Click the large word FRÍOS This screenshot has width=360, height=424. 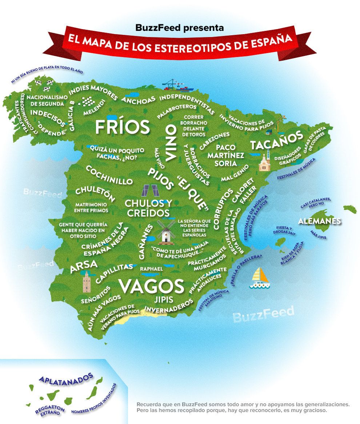click(x=122, y=127)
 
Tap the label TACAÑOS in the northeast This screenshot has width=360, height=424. click(x=276, y=140)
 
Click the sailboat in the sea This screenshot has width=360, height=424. click(x=260, y=278)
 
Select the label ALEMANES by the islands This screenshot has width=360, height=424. click(x=319, y=221)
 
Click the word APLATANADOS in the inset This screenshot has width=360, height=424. click(x=66, y=378)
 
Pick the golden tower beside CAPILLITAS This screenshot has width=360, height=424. click(x=86, y=282)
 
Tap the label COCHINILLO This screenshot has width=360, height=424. click(x=109, y=175)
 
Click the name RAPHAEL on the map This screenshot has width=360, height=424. click(x=151, y=269)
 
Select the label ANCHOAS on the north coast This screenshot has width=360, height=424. click(x=138, y=99)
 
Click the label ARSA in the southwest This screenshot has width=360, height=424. click(x=84, y=266)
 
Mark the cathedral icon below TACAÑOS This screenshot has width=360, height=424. click(x=264, y=162)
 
